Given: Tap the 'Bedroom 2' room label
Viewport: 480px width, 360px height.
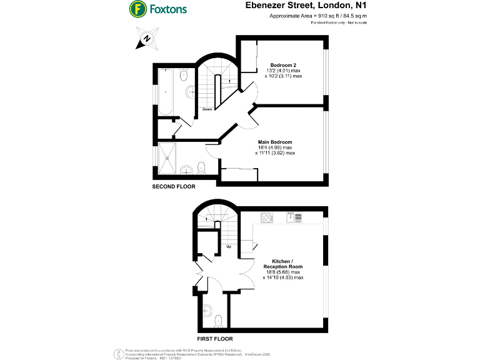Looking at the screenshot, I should (282, 65).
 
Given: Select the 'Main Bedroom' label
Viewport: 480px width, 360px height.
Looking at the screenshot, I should (275, 142).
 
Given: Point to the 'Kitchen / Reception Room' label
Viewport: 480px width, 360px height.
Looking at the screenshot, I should (287, 263).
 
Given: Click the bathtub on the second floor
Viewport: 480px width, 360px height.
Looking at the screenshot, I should (167, 91).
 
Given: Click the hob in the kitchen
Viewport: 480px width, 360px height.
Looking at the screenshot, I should (267, 217).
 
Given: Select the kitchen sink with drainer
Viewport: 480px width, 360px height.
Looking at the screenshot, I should (294, 217).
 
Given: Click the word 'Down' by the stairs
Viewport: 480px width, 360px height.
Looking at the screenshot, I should (207, 110).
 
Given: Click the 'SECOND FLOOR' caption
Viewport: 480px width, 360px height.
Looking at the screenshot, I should (174, 187).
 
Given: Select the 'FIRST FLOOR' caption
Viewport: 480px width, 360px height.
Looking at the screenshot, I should (217, 339).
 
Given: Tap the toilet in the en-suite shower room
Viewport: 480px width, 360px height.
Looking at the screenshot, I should (201, 167).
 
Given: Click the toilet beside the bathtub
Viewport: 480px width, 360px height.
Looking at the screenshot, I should (184, 76).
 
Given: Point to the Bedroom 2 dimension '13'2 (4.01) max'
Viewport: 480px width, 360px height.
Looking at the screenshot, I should (283, 72).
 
